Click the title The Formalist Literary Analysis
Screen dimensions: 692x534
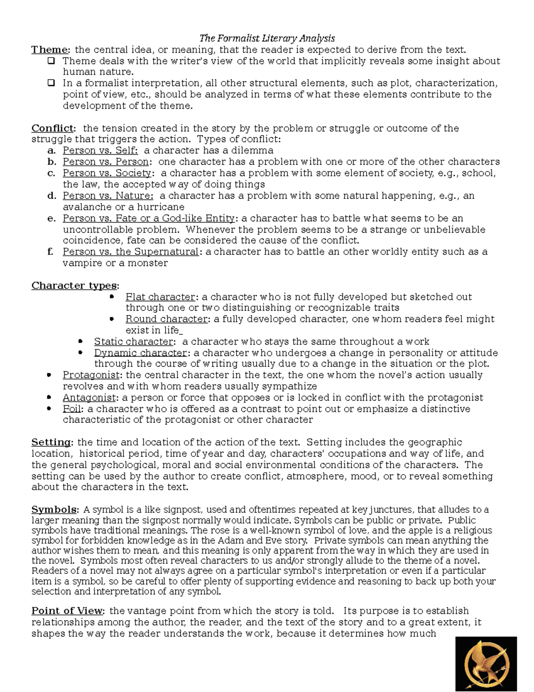click(x=267, y=38)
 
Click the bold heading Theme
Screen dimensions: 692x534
click(x=49, y=49)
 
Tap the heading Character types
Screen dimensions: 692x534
click(x=74, y=286)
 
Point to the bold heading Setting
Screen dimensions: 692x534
click(x=51, y=442)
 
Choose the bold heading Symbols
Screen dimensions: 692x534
click(x=54, y=510)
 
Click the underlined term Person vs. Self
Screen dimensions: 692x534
click(x=100, y=151)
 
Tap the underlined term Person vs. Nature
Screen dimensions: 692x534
click(x=108, y=196)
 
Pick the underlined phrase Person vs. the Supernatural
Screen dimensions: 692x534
click(x=130, y=252)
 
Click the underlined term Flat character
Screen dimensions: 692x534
click(x=160, y=297)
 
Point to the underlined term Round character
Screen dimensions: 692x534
click(x=166, y=319)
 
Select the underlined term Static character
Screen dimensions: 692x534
click(x=133, y=342)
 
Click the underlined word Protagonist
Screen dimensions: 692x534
click(x=91, y=375)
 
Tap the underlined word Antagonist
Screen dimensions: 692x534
click(x=89, y=397)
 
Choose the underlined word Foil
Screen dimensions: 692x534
click(x=72, y=409)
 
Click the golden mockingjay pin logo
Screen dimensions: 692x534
click(x=485, y=663)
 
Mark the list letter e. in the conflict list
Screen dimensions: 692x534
click(x=52, y=218)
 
